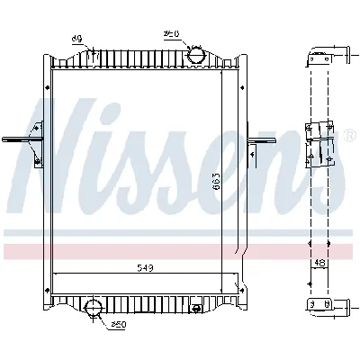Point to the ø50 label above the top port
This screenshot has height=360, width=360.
(x=171, y=34)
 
